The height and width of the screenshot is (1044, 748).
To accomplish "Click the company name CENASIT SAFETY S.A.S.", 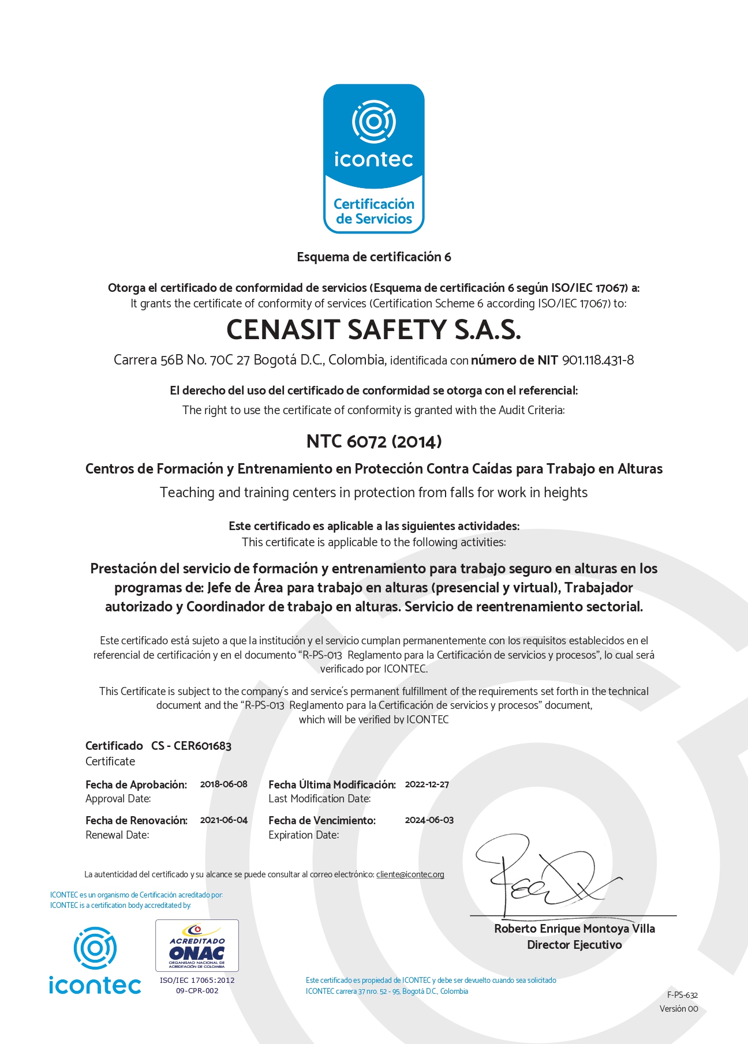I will tap(373, 330).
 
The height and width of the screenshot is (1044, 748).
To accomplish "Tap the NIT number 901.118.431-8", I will tap(598, 360).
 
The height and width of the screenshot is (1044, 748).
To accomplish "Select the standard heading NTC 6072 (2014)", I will tap(374, 442).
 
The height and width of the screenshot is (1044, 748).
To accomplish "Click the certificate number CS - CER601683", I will tap(191, 746).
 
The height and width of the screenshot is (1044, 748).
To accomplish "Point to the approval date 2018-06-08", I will tap(223, 784).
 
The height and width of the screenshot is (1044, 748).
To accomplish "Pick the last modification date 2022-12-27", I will tap(427, 784).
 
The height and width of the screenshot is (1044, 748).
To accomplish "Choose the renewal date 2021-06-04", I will tap(223, 820).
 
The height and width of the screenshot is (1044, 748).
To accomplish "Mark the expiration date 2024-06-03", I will tap(429, 820).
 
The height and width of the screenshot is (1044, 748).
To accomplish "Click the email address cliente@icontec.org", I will tap(410, 874).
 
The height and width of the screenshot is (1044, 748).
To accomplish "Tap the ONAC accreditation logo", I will tap(197, 945).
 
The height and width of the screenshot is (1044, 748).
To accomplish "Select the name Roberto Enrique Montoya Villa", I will tap(574, 929).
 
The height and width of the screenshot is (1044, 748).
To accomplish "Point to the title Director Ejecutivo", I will tap(574, 945).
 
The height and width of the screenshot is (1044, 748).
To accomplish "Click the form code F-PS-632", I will tap(682, 995).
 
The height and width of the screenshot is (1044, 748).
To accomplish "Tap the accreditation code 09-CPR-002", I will tap(197, 991).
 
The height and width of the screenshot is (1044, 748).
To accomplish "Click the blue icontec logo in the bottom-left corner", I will tap(95, 960).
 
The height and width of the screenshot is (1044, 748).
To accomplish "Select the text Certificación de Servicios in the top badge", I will tap(374, 212).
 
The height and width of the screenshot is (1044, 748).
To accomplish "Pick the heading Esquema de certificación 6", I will tap(374, 257).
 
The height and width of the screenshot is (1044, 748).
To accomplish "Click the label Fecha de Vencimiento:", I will tap(321, 820).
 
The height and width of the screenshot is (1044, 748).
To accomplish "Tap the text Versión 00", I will tap(679, 1009).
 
